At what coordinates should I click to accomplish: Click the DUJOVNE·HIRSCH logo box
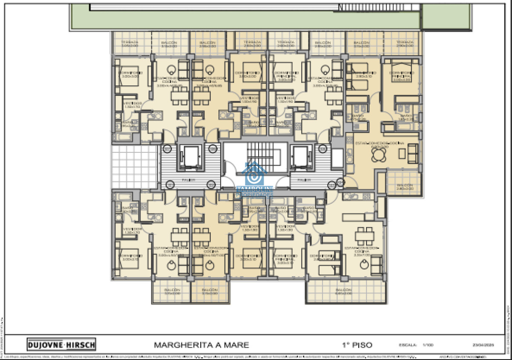61,344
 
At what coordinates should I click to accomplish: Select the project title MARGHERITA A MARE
201,345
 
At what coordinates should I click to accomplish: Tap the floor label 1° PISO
351,345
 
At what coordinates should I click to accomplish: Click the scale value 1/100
427,345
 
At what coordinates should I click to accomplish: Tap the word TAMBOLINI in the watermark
255,189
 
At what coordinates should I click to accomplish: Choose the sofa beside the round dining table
413,153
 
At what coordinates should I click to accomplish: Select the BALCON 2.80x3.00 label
404,186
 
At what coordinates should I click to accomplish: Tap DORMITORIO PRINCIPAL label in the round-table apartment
401,76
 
